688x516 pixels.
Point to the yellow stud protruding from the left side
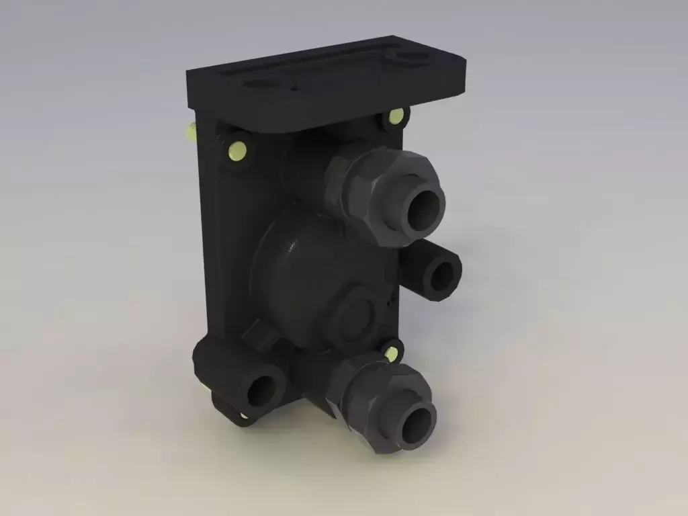pyautogui.click(x=189, y=130)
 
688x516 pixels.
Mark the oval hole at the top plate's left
pyautogui.click(x=261, y=85)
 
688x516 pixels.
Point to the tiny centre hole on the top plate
pyautogui.click(x=294, y=86)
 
